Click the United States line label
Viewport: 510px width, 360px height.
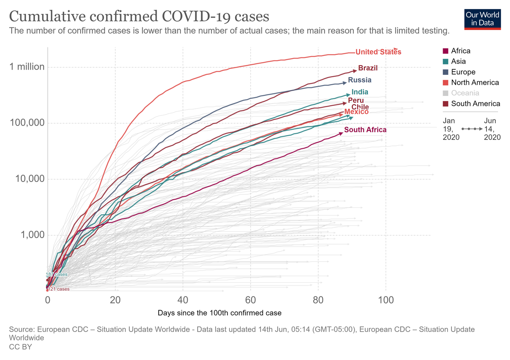[x=378, y=52]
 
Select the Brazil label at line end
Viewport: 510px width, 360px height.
[x=368, y=68]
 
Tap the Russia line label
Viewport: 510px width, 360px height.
[x=359, y=80]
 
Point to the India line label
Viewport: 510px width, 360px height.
[x=360, y=92]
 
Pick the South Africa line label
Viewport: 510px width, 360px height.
[x=365, y=130]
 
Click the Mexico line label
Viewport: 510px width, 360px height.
[x=356, y=112]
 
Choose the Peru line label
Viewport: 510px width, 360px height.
[x=355, y=100]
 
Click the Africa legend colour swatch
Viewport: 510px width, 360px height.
[x=446, y=51]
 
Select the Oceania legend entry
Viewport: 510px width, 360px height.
[x=465, y=93]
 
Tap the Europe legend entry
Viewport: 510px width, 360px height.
[x=463, y=72]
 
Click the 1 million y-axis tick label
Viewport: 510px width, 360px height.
[x=27, y=67]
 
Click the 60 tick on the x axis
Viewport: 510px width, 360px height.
[x=251, y=299]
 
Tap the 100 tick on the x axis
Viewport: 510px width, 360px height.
[x=386, y=299]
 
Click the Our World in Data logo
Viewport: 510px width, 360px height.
[x=482, y=18]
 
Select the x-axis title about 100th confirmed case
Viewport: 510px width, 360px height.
[x=220, y=313]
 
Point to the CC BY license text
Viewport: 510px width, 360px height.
[x=20, y=347]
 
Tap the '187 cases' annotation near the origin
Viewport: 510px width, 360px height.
[x=57, y=274]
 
